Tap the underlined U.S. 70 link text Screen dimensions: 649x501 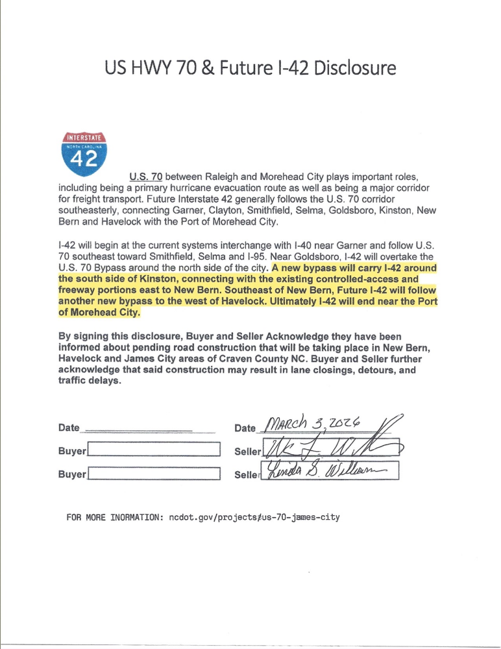pos(145,177)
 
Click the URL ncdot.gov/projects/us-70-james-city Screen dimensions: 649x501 pos(254,518)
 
